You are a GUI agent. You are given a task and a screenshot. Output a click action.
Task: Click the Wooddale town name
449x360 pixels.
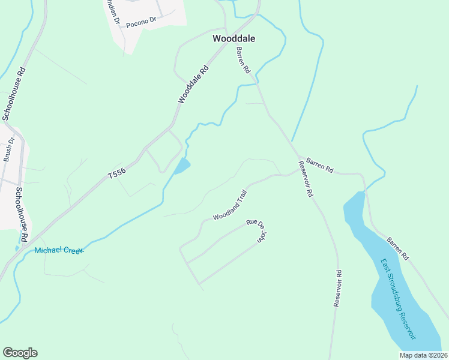click(234, 38)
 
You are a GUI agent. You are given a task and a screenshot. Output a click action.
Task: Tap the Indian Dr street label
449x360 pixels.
click(113, 13)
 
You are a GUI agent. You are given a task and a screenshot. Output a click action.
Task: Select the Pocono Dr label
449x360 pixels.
click(141, 21)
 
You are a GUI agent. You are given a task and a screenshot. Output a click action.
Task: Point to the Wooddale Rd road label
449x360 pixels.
click(193, 84)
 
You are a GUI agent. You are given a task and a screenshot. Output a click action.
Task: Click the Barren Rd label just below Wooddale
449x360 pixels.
click(243, 60)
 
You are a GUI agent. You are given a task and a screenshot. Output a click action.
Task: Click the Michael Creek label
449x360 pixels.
click(59, 250)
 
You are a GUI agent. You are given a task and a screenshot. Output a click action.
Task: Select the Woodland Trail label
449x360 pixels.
click(230, 205)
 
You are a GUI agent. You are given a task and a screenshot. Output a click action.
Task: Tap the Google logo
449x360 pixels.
click(20, 353)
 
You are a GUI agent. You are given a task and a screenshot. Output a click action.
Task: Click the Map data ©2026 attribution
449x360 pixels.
click(424, 355)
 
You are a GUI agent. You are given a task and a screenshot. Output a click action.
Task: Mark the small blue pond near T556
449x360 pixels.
click(182, 166)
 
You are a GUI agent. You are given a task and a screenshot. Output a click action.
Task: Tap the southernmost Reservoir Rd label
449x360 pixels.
click(338, 289)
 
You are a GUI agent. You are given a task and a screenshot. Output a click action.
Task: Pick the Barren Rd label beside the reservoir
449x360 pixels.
click(397, 248)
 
